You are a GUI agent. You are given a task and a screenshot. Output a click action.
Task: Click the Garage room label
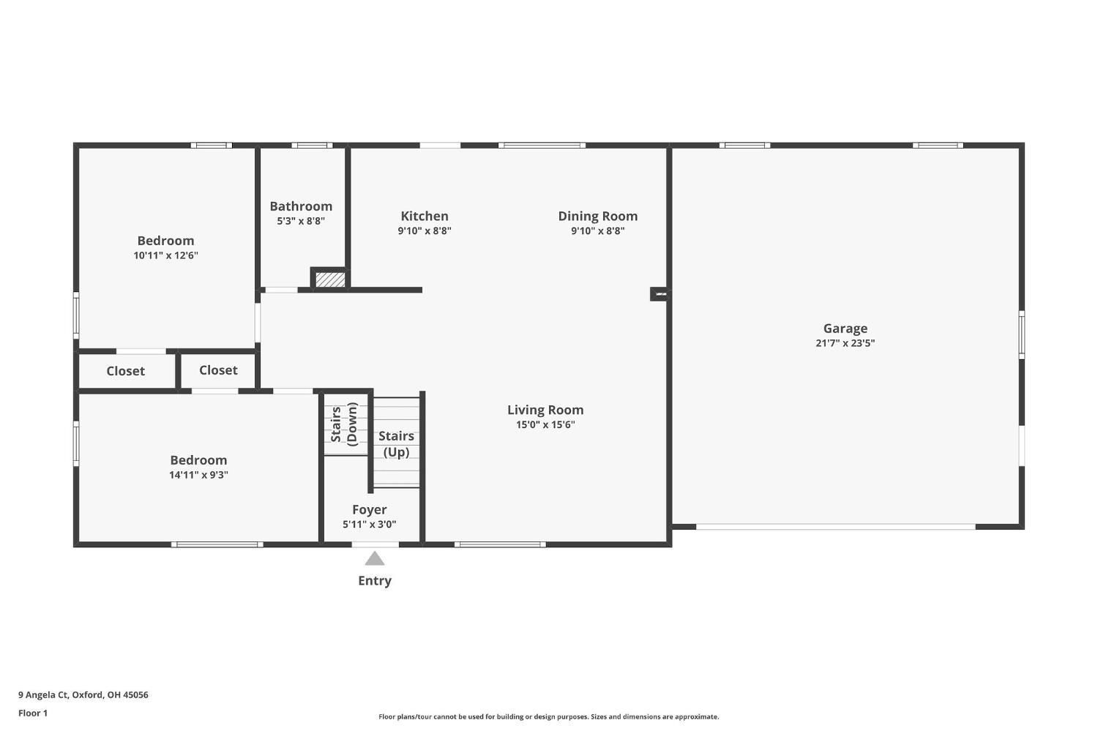pyautogui.click(x=845, y=329)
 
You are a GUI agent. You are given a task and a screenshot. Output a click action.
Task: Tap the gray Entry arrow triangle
pyautogui.click(x=375, y=559)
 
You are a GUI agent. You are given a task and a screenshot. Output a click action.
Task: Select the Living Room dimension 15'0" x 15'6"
pyautogui.click(x=545, y=424)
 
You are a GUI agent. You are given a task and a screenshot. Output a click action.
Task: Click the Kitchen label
pyautogui.click(x=425, y=216)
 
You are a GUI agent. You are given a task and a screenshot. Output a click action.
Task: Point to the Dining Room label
pyautogui.click(x=597, y=216)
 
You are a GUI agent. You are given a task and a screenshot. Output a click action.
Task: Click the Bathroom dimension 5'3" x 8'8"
pyautogui.click(x=301, y=221)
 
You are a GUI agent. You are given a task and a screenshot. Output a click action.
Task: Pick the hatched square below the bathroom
pyautogui.click(x=330, y=280)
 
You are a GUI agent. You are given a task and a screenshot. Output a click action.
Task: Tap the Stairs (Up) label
pyautogui.click(x=396, y=443)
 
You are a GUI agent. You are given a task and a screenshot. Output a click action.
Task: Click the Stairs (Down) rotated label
pyautogui.click(x=344, y=424)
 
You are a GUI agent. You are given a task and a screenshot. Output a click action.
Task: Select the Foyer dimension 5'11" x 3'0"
pyautogui.click(x=369, y=524)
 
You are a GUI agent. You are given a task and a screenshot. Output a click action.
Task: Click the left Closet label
pyautogui.click(x=126, y=371)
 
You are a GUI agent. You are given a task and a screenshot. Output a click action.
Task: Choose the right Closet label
pyautogui.click(x=218, y=370)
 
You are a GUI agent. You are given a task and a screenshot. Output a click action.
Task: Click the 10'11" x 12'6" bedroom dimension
pyautogui.click(x=165, y=255)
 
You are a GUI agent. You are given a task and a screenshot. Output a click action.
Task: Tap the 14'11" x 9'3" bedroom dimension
pyautogui.click(x=198, y=475)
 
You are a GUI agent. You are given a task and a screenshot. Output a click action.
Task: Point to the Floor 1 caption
pyautogui.click(x=33, y=713)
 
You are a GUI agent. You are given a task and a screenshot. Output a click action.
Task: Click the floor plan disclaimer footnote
pyautogui.click(x=548, y=717)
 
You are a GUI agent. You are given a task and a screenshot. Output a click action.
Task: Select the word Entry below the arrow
pyautogui.click(x=375, y=580)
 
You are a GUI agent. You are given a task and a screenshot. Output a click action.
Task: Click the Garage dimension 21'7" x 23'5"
pyautogui.click(x=845, y=343)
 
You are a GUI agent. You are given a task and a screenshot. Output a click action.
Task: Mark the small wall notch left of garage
pyautogui.click(x=660, y=294)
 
